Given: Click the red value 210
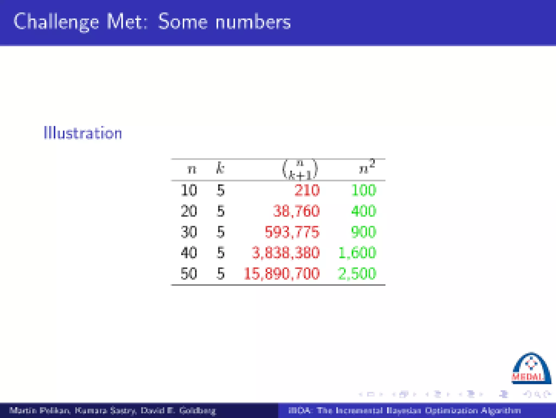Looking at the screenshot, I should coord(307,190).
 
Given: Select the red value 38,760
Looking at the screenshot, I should coord(296,211).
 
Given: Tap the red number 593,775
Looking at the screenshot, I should coord(292,232).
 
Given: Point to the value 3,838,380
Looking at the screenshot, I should coord(286,253).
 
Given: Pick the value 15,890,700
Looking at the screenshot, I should coord(282,274).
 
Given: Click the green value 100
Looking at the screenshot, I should coord(364,190).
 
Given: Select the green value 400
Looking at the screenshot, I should coord(364,211).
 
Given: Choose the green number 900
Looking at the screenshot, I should coord(364,232).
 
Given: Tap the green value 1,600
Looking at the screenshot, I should coord(357,253).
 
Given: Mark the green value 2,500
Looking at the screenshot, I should coord(357,274).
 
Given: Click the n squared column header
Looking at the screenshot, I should coord(367,167).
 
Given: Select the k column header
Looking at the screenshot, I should coord(220,168).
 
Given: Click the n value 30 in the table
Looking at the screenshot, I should coord(189,232).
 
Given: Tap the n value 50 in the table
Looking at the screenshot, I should coord(189,274).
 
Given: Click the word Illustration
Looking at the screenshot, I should coord(83,133).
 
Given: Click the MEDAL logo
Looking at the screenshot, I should coord(531,369).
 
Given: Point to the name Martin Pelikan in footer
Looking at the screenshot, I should coord(40,410).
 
